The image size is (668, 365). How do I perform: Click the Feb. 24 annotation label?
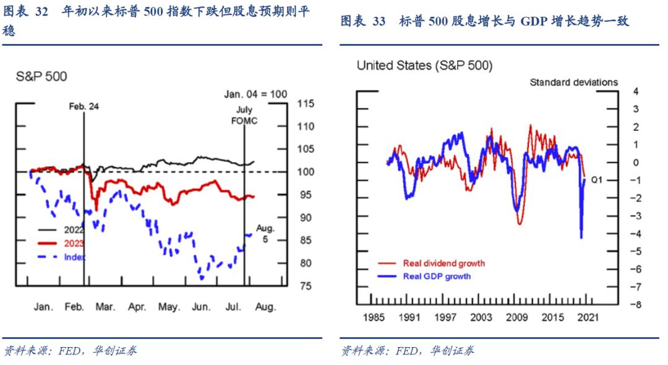[83, 106]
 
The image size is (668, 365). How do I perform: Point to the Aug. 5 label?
[265, 233]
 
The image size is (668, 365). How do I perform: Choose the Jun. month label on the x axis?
[202, 307]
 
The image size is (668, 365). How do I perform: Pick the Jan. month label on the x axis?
[43, 307]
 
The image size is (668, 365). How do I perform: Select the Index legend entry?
[75, 257]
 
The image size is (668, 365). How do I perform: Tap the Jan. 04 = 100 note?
[255, 94]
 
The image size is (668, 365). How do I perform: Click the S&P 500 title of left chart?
[41, 77]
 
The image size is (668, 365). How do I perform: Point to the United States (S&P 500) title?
[424, 66]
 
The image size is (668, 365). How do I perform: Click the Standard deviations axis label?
[573, 82]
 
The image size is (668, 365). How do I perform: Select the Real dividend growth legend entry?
[443, 263]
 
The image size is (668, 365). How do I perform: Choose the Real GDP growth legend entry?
[437, 276]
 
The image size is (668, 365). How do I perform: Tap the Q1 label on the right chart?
[597, 179]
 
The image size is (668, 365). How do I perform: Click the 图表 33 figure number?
[362, 22]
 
